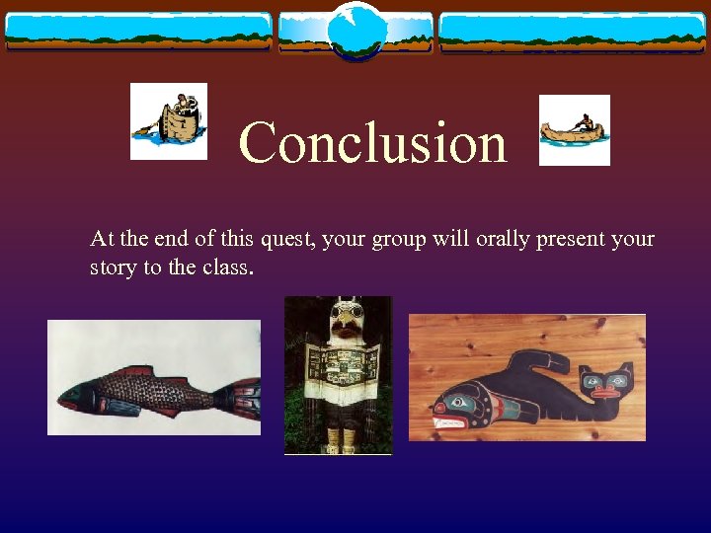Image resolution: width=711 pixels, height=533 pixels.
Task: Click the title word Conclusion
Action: (x=373, y=142)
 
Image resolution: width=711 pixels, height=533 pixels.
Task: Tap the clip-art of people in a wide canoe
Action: (x=169, y=120)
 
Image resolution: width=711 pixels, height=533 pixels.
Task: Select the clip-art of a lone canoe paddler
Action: (x=574, y=129)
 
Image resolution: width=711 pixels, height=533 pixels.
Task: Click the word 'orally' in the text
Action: (x=495, y=240)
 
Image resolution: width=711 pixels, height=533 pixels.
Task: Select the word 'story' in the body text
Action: (x=113, y=267)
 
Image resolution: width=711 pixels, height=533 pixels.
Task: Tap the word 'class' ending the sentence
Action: (x=226, y=267)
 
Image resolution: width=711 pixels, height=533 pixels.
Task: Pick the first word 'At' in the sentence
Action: (x=100, y=240)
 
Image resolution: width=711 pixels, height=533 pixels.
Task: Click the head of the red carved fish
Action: (x=79, y=394)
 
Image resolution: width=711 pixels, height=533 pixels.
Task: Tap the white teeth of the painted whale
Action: (x=450, y=422)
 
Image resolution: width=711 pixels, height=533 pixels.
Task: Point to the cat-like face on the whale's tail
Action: (x=599, y=381)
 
